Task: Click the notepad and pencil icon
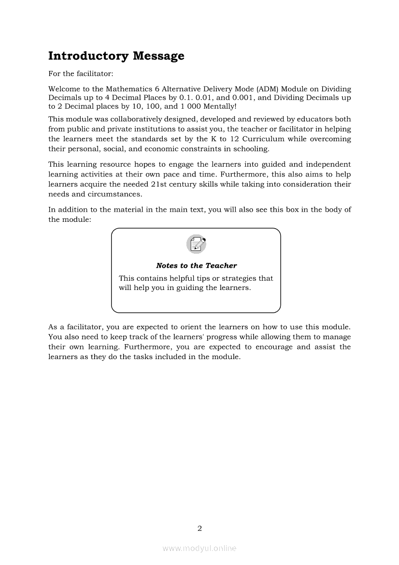(x=196, y=244)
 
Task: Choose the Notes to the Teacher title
(x=196, y=266)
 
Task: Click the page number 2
(x=199, y=528)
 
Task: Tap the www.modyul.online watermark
(x=199, y=549)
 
